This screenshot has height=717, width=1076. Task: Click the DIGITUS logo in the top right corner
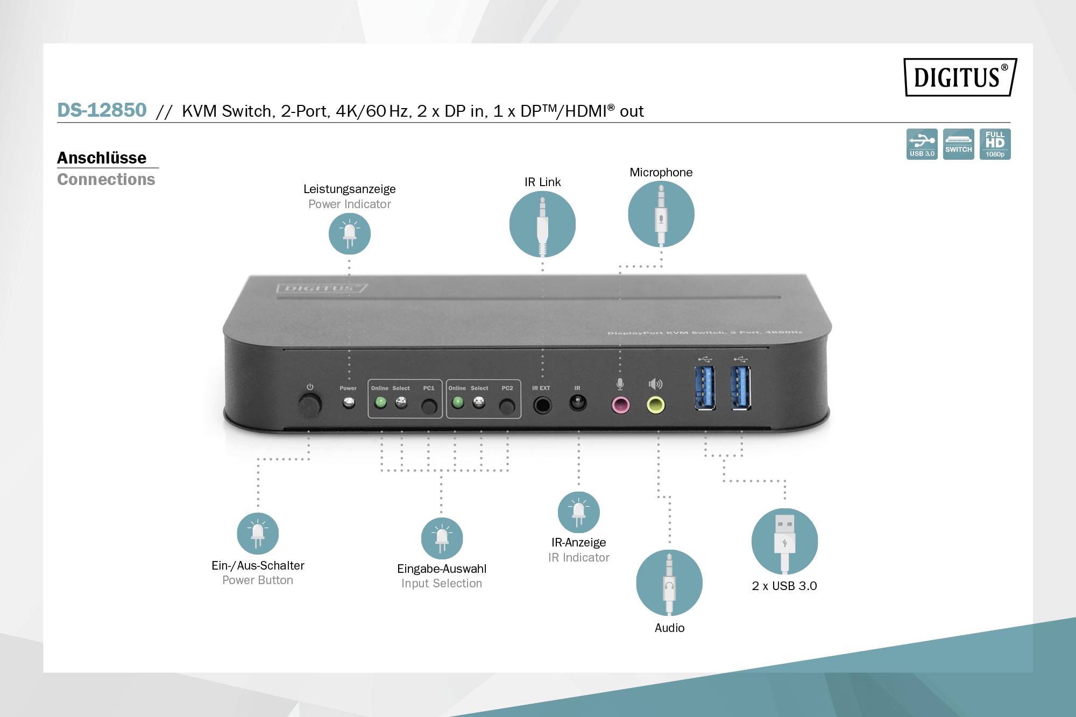960,77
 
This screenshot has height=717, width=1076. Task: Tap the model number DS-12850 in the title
102,110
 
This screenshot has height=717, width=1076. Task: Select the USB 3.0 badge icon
922,144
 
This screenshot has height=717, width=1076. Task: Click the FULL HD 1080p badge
995,144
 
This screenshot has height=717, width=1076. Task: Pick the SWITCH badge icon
958,144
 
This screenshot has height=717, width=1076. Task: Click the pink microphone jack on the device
621,404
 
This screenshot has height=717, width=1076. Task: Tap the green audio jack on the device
655,404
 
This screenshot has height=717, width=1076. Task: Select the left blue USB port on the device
705,387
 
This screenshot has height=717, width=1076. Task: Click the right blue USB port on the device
741,387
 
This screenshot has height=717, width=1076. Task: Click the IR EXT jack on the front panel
542,404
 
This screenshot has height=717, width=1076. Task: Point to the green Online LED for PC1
380,402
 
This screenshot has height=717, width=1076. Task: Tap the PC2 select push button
507,406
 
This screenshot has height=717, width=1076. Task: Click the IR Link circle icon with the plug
542,224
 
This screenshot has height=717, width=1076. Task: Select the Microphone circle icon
661,214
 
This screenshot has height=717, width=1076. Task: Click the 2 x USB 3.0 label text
784,586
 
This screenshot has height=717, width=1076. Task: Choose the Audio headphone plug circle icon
669,583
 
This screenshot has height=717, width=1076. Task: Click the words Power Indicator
350,204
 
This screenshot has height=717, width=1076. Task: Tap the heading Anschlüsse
102,158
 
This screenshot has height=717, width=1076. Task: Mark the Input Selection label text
441,584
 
